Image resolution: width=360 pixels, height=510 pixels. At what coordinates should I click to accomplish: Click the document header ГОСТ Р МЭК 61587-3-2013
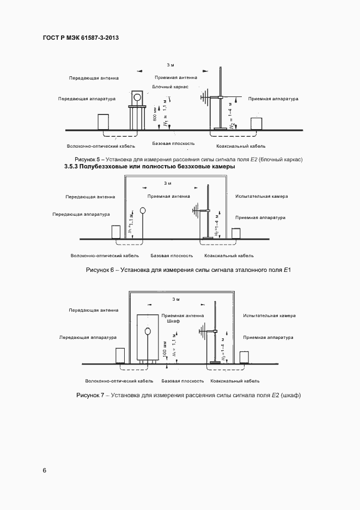point(80,38)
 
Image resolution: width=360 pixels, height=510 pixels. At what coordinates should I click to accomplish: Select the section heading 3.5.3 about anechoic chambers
point(149,167)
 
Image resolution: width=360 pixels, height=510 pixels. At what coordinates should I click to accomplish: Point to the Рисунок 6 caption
point(187,270)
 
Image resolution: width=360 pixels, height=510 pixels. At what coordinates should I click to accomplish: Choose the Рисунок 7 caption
point(188,394)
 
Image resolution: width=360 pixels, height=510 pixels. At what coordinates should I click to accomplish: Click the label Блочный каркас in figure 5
point(170,87)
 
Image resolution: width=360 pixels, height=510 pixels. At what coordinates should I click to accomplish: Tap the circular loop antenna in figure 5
point(138,96)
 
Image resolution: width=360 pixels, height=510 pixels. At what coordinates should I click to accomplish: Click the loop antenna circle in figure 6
point(143,210)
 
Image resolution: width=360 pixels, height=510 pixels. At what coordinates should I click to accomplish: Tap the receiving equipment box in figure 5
point(256,123)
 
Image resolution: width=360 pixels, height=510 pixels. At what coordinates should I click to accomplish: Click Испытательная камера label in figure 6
point(261,196)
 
